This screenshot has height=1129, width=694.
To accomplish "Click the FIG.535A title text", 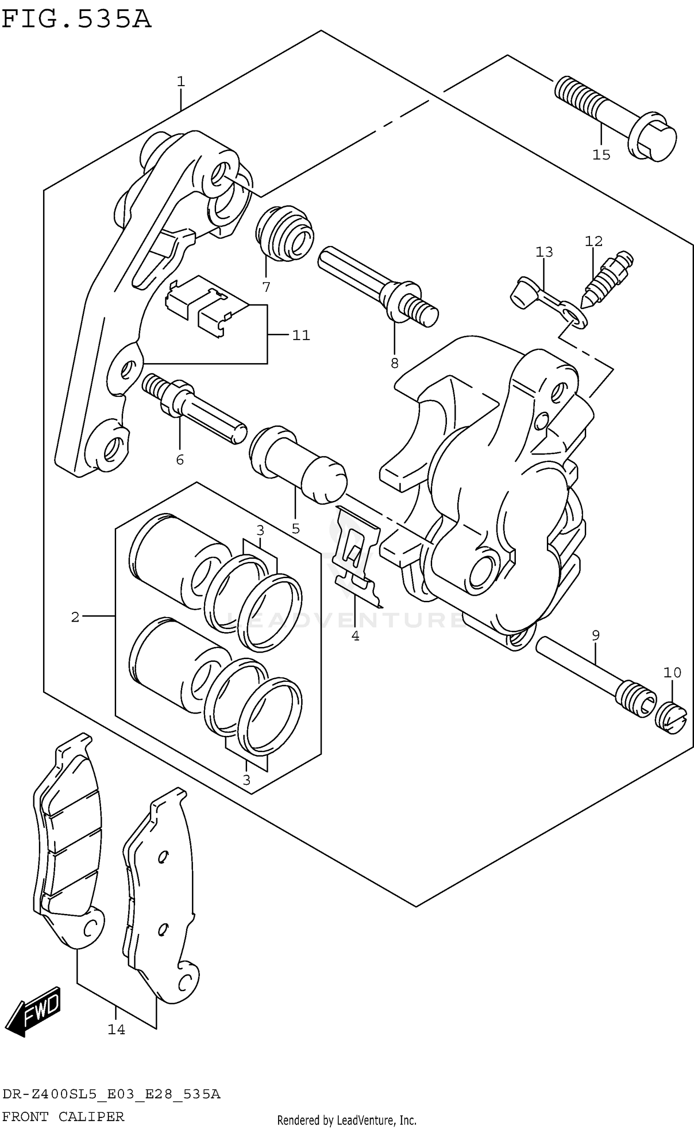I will (x=76, y=19).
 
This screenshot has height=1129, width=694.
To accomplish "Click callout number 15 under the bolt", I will (x=601, y=155).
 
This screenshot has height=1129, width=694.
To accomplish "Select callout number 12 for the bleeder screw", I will (x=594, y=241).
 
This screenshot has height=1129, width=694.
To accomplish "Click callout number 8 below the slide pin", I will (x=394, y=364).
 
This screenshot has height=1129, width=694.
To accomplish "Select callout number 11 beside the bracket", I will (x=301, y=335).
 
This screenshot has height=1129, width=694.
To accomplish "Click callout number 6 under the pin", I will (x=180, y=459).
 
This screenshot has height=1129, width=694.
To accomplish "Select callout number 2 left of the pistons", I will (x=75, y=617).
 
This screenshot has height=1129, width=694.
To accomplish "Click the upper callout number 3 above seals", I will (x=260, y=530).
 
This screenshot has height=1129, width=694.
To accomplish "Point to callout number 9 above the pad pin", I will (x=595, y=635).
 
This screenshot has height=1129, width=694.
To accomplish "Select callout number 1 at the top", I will (x=181, y=82).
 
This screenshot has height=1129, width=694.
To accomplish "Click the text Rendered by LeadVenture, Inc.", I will (x=347, y=1120).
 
